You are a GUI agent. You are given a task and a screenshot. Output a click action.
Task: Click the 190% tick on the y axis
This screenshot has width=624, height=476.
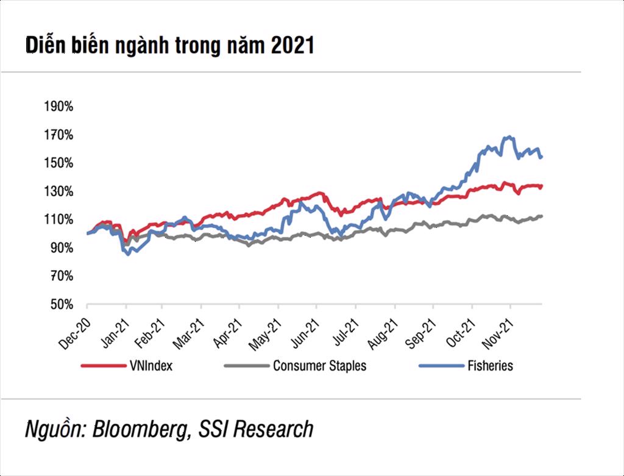(x=58, y=107)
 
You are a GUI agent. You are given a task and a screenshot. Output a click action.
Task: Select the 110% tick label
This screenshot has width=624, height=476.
(x=58, y=219)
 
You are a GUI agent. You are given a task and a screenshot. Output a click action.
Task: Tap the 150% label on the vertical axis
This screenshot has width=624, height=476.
(x=58, y=163)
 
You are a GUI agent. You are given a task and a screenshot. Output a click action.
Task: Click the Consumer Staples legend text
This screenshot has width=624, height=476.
(x=319, y=366)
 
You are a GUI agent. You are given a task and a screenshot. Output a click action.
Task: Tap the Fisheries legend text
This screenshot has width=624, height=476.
(x=489, y=366)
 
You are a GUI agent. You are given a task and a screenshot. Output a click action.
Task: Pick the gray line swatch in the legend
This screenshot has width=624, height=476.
(x=246, y=366)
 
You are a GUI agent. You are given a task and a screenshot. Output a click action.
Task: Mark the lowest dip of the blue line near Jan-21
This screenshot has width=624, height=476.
(x=128, y=254)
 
